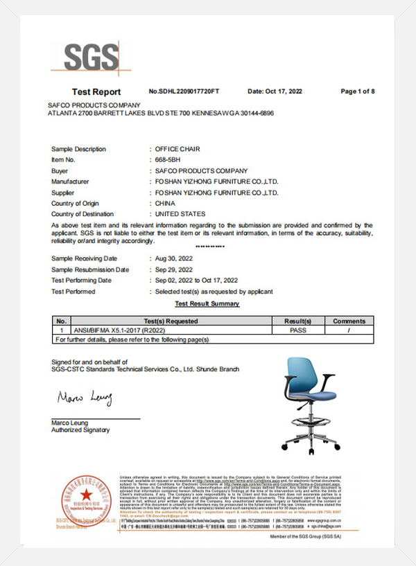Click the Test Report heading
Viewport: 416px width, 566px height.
[96, 92]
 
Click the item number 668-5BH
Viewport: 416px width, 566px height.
[170, 159]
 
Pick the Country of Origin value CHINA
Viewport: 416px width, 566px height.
[166, 203]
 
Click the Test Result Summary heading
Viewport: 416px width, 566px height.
[207, 303]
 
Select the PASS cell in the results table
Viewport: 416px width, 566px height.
[298, 330]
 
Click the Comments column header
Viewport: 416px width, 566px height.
[349, 321]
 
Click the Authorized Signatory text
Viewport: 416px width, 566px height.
[80, 430]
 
